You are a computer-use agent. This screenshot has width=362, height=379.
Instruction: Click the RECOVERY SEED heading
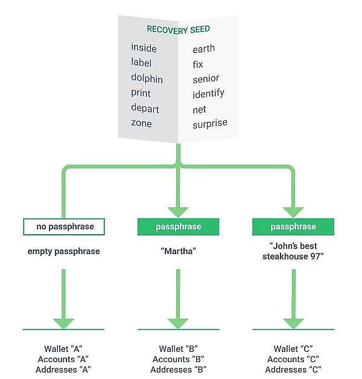(x=178, y=29)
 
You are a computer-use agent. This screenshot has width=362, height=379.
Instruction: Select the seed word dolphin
(x=147, y=78)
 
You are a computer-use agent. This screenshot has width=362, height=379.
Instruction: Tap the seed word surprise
(x=210, y=124)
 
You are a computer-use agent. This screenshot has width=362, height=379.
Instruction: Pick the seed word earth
(x=203, y=48)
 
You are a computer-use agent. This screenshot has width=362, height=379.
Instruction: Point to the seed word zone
(x=141, y=124)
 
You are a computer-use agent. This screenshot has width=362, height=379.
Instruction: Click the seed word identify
(x=208, y=94)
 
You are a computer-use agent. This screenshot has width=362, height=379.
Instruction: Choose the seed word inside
(x=144, y=48)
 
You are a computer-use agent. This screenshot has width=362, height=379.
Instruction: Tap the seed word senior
(x=206, y=78)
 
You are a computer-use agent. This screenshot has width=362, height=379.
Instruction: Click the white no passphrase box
(x=63, y=227)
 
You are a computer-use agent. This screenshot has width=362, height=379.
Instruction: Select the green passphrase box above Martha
(x=178, y=227)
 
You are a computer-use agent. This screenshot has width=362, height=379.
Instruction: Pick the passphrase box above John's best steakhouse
(x=293, y=227)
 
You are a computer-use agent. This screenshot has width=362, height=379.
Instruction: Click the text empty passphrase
(x=63, y=251)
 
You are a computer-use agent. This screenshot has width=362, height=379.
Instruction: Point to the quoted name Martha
(x=178, y=251)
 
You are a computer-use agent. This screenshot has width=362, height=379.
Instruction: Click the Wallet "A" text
(x=63, y=349)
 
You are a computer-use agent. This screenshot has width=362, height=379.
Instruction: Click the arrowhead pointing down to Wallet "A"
(x=63, y=320)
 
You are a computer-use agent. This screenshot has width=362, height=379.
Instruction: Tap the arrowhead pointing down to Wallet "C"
(x=293, y=320)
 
